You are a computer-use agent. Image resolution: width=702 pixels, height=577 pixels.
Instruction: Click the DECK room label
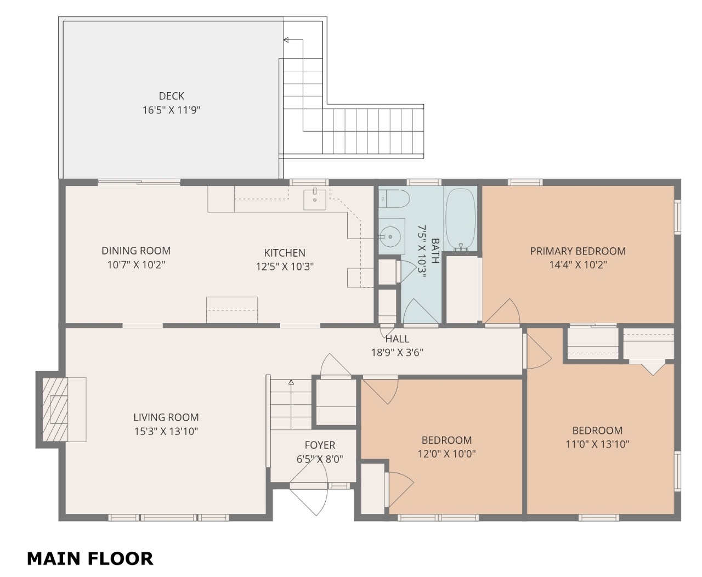[x=171, y=96]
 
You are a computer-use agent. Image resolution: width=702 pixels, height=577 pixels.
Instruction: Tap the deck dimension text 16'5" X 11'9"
[x=171, y=110]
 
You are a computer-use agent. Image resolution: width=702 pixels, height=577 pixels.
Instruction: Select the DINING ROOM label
[x=136, y=250]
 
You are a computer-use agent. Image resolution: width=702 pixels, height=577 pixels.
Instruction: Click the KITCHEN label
[x=284, y=253]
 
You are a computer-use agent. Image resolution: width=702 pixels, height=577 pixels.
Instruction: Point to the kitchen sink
[x=315, y=200]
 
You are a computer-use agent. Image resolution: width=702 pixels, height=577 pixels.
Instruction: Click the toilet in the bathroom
[x=394, y=199]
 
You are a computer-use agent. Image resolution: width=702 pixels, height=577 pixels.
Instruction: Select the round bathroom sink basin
[x=390, y=237]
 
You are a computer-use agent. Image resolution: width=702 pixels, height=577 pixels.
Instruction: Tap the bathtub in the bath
[x=460, y=219]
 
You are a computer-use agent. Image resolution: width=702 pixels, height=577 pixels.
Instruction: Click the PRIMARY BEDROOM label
[x=578, y=251]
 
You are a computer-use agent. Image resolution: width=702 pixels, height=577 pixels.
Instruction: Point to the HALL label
[x=397, y=339]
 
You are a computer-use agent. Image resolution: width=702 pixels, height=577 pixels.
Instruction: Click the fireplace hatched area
[x=55, y=410]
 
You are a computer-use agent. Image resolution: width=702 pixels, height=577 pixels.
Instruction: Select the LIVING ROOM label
[x=166, y=417]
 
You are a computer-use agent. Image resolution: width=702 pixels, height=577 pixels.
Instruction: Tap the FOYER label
[x=320, y=445]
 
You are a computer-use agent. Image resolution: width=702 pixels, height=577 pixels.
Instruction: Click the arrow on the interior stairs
[x=291, y=405]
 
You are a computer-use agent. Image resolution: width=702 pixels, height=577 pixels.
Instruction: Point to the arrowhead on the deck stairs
[x=286, y=40]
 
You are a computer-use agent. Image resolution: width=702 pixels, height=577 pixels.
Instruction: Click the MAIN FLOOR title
[x=90, y=558]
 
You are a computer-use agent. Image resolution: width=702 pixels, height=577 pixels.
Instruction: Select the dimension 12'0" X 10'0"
[x=446, y=454]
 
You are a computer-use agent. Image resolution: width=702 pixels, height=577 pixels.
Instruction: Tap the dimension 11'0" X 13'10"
[x=597, y=444]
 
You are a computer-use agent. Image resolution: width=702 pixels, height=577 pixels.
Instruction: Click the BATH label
[x=435, y=251]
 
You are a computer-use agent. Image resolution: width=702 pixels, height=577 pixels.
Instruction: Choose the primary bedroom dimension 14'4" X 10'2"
[x=578, y=265]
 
